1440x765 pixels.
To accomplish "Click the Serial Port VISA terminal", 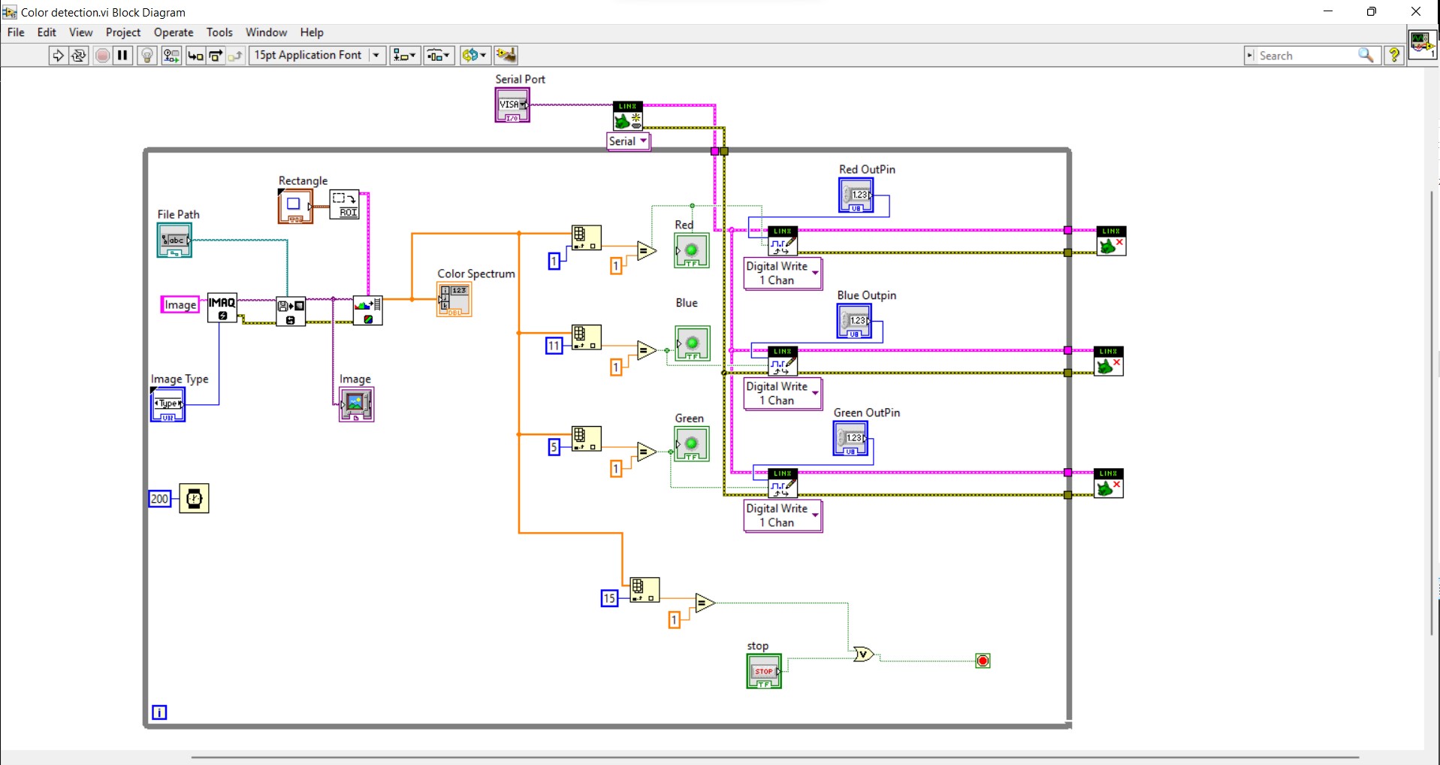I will click(x=512, y=105).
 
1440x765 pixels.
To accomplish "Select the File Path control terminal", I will click(x=174, y=240).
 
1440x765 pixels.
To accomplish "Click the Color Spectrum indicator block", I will click(x=454, y=299).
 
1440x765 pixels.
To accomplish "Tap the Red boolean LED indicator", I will click(x=692, y=250).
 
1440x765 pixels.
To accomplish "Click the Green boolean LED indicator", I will click(x=691, y=444).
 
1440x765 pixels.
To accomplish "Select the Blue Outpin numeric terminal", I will click(x=854, y=322).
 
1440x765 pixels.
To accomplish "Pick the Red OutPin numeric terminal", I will click(x=856, y=195).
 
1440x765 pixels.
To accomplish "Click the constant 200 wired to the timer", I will click(x=160, y=499).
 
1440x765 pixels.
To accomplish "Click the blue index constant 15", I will click(x=609, y=599).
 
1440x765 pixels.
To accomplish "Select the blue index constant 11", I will click(x=554, y=346).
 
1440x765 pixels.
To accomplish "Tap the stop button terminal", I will click(x=764, y=671).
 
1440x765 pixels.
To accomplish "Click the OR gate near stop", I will click(x=864, y=655).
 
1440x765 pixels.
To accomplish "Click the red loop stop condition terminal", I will click(x=983, y=661).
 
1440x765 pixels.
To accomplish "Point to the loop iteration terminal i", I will click(x=159, y=712).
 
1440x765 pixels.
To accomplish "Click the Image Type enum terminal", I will click(x=168, y=404).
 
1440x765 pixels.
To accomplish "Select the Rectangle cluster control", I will click(x=294, y=206).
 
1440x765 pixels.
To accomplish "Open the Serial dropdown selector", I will click(x=628, y=141).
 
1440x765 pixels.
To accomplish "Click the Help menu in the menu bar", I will click(x=311, y=32).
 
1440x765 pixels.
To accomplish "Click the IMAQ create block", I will click(x=222, y=307).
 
